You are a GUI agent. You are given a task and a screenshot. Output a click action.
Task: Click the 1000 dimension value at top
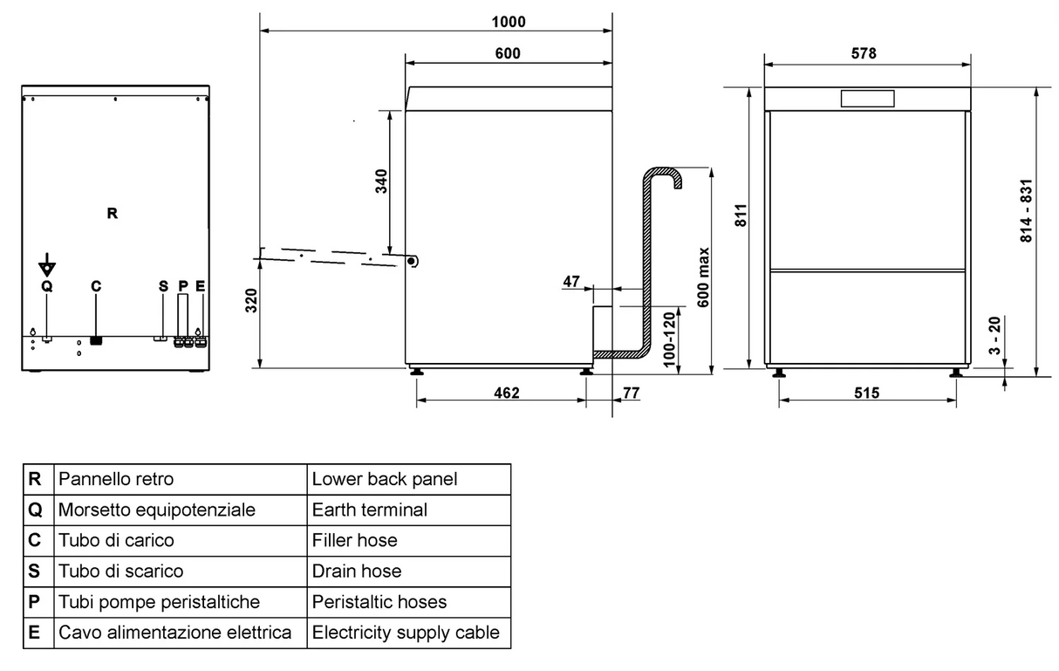pyautogui.click(x=509, y=21)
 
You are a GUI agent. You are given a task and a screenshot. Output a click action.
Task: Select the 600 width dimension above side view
pyautogui.click(x=508, y=53)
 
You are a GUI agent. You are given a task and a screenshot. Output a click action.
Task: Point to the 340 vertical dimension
pyautogui.click(x=381, y=181)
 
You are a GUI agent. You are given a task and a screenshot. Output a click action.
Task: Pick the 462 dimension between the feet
pyautogui.click(x=506, y=393)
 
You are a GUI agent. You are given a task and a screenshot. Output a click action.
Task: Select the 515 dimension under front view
pyautogui.click(x=865, y=393)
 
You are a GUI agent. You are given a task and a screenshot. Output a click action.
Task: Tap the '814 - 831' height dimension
pyautogui.click(x=1027, y=212)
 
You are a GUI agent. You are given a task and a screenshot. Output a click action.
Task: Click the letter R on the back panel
pyautogui.click(x=112, y=213)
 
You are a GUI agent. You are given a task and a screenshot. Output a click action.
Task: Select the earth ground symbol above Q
pyautogui.click(x=47, y=266)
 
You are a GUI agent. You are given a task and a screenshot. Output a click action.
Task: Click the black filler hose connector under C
pyautogui.click(x=96, y=339)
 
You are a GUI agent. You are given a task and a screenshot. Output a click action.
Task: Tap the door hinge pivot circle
pyautogui.click(x=413, y=260)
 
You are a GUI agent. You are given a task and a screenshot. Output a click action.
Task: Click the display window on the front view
pyautogui.click(x=867, y=98)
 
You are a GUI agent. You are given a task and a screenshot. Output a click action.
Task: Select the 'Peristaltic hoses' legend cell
pyautogui.click(x=379, y=602)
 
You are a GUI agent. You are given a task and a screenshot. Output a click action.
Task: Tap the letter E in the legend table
pyautogui.click(x=35, y=632)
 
